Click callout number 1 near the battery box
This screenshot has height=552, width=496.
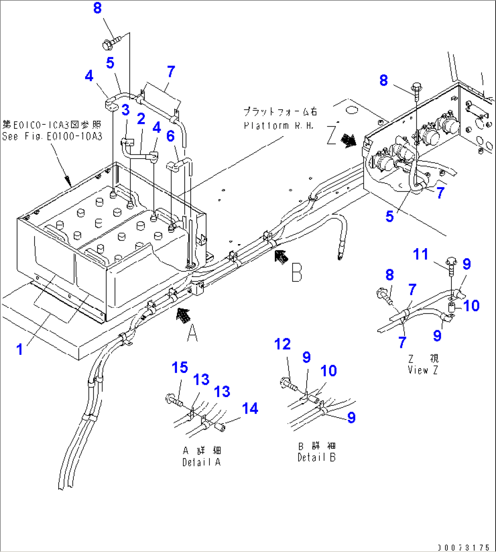[20, 349]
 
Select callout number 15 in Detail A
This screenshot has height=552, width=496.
[180, 368]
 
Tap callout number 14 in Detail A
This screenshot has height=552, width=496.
[250, 409]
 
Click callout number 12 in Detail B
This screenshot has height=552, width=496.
[282, 344]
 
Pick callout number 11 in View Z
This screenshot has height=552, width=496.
[420, 254]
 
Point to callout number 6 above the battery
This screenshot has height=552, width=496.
[170, 136]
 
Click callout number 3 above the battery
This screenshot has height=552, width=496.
[125, 110]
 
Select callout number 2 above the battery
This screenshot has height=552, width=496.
[141, 119]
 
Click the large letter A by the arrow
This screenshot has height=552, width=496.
[193, 334]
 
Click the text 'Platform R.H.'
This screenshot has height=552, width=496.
[278, 125]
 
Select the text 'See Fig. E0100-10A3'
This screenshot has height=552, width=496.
[52, 136]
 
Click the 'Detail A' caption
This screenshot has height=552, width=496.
[202, 462]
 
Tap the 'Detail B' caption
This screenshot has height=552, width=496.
[316, 458]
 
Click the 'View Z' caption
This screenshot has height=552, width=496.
[423, 370]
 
